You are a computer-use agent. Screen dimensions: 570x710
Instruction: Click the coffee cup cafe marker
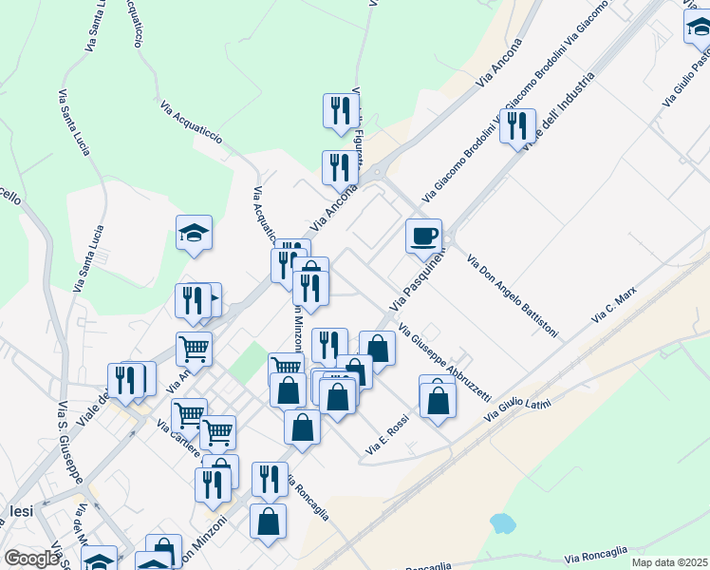(x=423, y=235)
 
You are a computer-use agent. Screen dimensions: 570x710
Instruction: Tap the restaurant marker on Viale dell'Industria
(x=517, y=125)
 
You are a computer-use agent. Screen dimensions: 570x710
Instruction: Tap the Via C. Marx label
(x=612, y=306)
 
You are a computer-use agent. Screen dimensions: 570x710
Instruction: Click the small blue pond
(x=500, y=523)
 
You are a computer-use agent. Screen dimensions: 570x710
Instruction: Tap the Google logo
(x=31, y=559)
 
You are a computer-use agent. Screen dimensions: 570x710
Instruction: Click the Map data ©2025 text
(x=670, y=562)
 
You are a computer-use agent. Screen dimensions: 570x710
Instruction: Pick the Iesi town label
(x=21, y=511)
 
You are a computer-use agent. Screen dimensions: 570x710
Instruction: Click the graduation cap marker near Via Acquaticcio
(x=194, y=232)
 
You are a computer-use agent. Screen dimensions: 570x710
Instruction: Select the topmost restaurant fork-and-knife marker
(x=341, y=109)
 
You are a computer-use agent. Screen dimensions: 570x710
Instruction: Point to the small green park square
(x=249, y=362)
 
